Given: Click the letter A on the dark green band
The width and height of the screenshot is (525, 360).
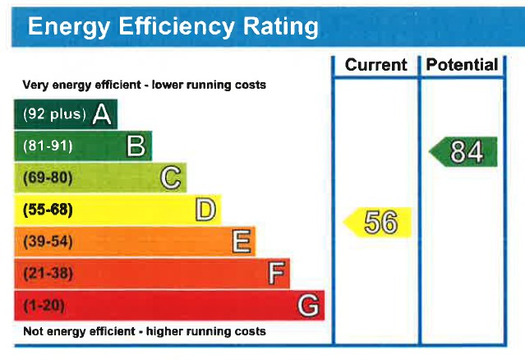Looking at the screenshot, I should point(102,114).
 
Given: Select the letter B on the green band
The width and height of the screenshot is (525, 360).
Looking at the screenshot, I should point(136,146).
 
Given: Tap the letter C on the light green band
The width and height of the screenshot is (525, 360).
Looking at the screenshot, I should point(171,178).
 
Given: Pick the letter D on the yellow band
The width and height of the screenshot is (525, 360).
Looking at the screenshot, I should point(205,210).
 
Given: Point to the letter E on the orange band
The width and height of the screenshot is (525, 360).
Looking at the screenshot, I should point(241,242).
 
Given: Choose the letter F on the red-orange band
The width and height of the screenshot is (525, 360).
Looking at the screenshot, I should point(277,273).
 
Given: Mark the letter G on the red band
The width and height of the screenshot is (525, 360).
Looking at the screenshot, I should point(309,306).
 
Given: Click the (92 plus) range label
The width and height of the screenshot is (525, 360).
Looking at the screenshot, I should point(54,114).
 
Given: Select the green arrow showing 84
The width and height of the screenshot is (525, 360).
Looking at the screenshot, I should point(464,152).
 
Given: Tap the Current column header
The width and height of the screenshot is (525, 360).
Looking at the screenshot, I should point(375,65).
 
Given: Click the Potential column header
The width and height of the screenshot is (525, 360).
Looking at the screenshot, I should point(463,65).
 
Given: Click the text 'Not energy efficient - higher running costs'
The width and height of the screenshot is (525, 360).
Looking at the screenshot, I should point(144,332).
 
